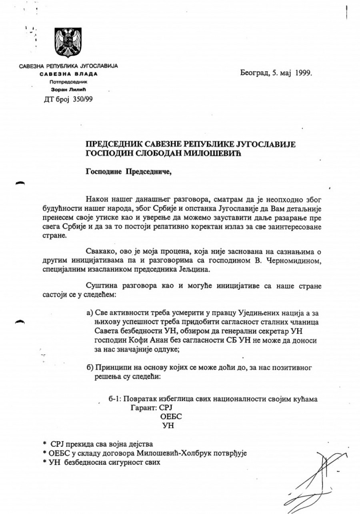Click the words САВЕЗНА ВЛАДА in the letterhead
click(68, 74)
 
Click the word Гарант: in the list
click(143, 408)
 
